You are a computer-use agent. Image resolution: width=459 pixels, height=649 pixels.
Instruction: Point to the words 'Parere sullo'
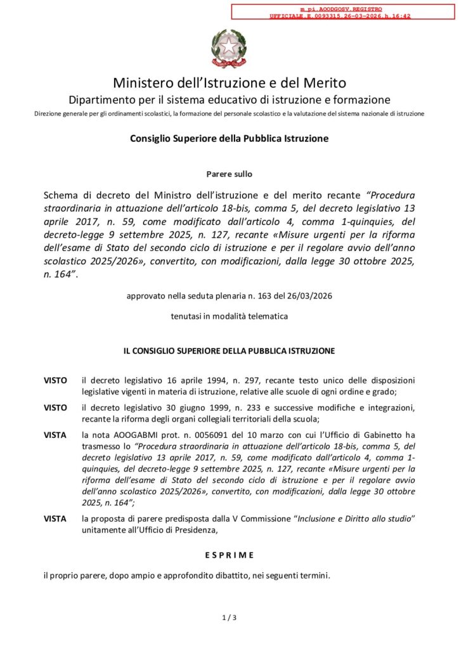(x=229, y=174)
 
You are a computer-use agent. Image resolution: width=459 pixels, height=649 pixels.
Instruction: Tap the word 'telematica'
(x=266, y=316)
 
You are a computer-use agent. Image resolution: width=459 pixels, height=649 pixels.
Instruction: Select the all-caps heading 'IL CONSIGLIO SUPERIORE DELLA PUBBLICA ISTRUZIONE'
(x=229, y=350)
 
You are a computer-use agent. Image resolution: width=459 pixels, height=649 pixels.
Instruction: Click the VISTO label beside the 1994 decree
(x=55, y=380)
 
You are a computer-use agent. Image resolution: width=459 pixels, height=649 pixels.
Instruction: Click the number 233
(x=246, y=409)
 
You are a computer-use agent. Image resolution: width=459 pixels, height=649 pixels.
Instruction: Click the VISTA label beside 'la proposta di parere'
(x=55, y=518)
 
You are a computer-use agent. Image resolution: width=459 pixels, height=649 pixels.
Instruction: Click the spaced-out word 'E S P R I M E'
(x=229, y=555)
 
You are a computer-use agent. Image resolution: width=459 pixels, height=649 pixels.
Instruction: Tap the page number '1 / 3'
(x=229, y=617)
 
